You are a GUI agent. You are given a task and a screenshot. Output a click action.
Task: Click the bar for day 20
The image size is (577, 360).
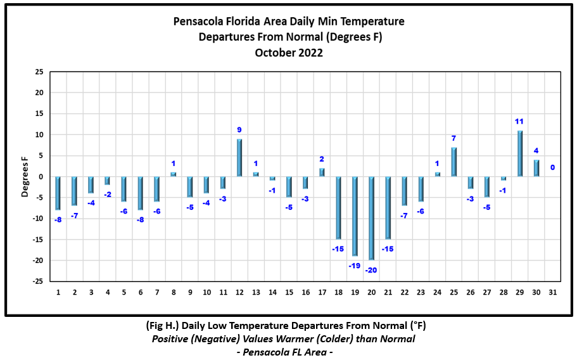tap(371, 218)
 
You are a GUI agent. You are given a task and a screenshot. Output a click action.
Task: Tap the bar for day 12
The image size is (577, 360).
tap(239, 158)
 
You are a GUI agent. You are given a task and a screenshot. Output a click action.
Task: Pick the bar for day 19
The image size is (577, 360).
tap(355, 216)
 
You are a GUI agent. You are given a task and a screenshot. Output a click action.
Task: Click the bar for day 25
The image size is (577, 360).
tap(453, 162)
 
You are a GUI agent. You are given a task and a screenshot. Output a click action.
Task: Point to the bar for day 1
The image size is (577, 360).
tap(58, 193)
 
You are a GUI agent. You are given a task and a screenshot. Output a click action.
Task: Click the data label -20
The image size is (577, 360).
tap(371, 269)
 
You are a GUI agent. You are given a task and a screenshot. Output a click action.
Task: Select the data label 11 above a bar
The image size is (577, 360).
tap(519, 121)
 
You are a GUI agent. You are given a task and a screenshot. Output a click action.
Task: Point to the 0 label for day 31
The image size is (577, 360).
tap(552, 167)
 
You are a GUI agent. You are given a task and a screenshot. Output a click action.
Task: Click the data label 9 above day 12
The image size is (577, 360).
tap(239, 130)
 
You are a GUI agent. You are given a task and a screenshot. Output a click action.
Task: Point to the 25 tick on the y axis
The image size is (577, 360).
tap(39, 72)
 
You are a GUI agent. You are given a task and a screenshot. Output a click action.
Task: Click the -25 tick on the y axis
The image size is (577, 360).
tap(38, 281)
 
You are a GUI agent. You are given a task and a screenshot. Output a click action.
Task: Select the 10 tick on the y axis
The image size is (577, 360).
tap(39, 134)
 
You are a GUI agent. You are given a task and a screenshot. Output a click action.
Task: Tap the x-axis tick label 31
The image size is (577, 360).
tap(552, 292)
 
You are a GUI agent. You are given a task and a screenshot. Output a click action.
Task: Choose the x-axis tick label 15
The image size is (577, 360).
tap(289, 292)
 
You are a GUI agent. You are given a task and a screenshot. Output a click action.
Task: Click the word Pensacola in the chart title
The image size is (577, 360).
tap(198, 22)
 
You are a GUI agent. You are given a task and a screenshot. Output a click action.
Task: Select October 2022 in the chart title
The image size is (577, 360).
tap(289, 53)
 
